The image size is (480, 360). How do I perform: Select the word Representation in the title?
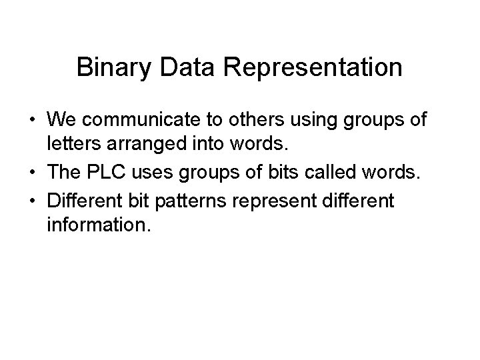(307, 67)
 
